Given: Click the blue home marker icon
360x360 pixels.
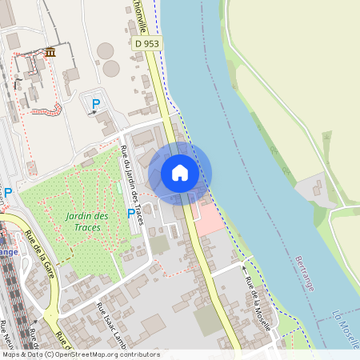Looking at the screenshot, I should pos(180,173).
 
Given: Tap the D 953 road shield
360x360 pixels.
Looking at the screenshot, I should pos(146,43).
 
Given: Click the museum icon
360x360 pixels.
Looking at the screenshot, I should pos(50,53).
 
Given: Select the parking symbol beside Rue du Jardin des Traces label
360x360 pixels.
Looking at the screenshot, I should pos(131,214).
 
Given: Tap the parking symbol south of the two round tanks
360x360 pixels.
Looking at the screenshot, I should pos(96,103).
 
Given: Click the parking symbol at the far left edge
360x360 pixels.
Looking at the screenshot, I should pos(8,193).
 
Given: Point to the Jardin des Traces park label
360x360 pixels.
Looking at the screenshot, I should pos(87,222).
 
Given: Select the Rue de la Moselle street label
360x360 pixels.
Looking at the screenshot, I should pos(258,297).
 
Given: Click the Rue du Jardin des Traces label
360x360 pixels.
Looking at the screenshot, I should pos(131,178).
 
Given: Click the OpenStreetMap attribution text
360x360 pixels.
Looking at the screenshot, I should pos(80,354).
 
